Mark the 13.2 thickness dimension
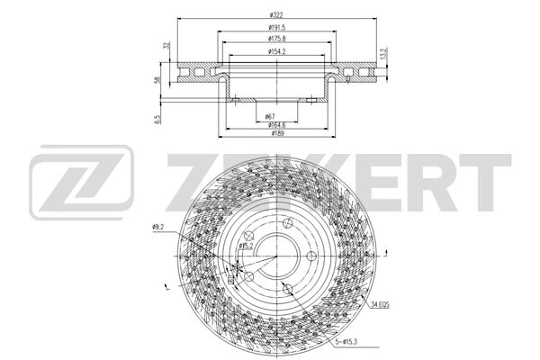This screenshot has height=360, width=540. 383,54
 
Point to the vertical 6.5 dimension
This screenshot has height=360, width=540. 159,118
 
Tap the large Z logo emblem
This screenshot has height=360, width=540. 82,184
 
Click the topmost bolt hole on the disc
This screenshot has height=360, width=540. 286,224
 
